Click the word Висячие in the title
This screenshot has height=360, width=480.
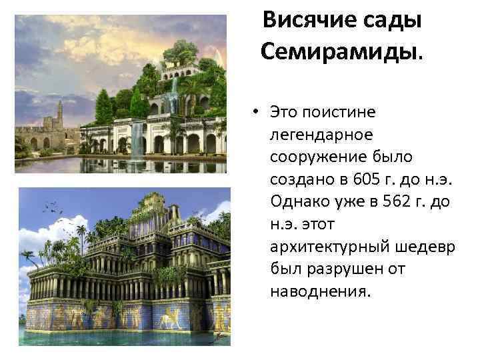click(x=307, y=21)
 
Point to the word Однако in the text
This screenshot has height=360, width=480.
click(x=297, y=201)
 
